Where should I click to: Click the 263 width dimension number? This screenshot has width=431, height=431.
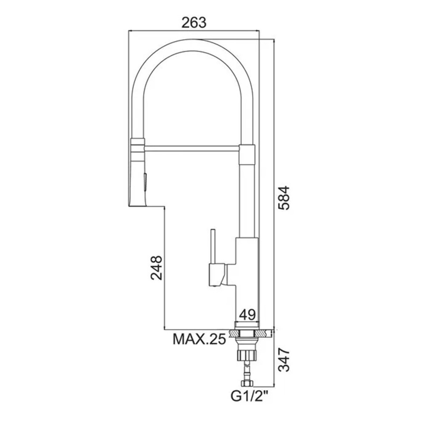pyautogui.click(x=194, y=22)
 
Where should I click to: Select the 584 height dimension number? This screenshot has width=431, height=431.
pyautogui.click(x=284, y=198)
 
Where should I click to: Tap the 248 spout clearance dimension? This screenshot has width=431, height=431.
pyautogui.click(x=156, y=268)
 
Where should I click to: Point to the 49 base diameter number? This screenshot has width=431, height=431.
pyautogui.click(x=247, y=315)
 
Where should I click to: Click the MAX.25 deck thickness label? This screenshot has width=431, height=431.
pyautogui.click(x=199, y=339)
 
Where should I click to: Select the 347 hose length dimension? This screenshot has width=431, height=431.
pyautogui.click(x=284, y=359)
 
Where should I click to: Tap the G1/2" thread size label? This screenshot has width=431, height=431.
pyautogui.click(x=249, y=397)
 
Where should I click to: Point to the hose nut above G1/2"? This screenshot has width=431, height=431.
pyautogui.click(x=247, y=384)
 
